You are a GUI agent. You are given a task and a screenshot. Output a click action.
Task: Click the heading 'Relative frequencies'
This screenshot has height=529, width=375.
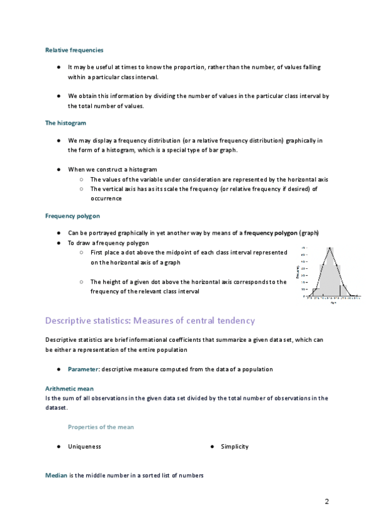point(74,50)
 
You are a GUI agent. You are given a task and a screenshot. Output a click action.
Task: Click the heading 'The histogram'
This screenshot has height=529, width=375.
point(66,124)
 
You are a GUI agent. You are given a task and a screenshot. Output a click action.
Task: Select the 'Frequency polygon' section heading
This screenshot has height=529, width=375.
point(72,216)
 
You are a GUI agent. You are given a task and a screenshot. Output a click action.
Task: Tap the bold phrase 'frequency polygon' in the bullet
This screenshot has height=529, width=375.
point(271,233)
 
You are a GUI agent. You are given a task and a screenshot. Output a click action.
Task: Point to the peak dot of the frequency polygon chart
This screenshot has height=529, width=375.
point(331,248)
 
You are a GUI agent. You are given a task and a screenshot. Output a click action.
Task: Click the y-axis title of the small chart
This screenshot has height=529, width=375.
point(297,271)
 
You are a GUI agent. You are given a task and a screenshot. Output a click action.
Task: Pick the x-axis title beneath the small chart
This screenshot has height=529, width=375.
point(332,304)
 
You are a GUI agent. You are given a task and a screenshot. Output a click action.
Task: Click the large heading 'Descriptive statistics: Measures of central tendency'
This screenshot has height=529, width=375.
point(150,321)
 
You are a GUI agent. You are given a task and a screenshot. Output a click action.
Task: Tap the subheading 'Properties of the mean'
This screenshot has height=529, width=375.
point(100,427)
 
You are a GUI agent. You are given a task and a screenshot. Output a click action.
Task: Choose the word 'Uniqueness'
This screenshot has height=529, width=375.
point(84,447)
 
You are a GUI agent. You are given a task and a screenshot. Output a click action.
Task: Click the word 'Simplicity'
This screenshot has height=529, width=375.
point(235,447)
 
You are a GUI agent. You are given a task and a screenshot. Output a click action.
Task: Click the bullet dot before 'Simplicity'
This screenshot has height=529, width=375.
point(212,447)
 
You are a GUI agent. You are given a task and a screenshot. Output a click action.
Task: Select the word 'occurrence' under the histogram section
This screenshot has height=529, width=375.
point(106,199)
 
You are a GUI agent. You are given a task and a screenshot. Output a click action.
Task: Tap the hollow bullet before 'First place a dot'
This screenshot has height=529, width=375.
point(82,253)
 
